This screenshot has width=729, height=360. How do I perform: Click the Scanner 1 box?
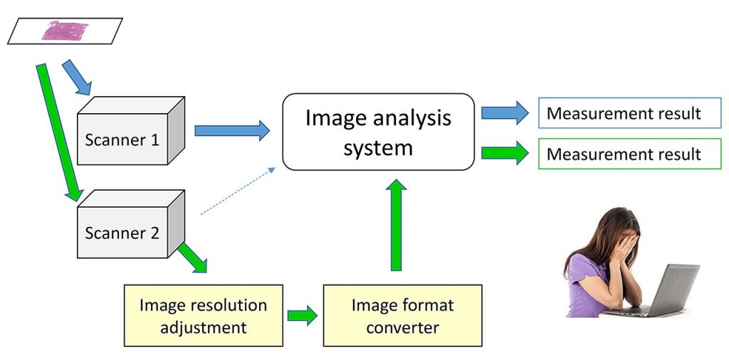(122, 138)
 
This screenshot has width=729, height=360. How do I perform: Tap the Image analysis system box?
(378, 132)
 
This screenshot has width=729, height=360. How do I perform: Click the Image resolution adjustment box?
(203, 316)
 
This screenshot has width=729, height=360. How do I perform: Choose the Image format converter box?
(402, 316)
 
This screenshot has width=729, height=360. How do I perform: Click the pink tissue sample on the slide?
(64, 31)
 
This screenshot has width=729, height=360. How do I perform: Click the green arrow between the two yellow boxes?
(303, 316)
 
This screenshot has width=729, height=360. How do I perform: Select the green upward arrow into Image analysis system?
(398, 224)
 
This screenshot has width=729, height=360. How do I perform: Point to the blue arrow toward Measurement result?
(505, 112)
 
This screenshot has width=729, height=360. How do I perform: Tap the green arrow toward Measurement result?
(505, 153)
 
